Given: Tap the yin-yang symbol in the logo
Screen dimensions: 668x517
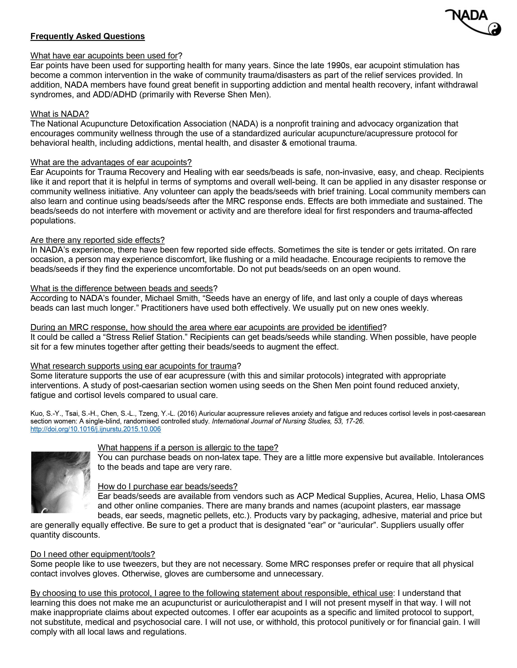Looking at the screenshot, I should point(494,29).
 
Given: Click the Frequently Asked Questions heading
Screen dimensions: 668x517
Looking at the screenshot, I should point(88,36).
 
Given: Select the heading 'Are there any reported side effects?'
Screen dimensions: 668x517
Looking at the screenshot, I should point(97,240).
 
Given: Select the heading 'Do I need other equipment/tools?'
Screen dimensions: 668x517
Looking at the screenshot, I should point(92,554).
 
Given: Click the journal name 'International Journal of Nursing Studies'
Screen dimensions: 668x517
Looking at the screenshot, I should point(268,421).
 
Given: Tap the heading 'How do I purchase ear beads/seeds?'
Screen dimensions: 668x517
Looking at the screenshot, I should point(167,486).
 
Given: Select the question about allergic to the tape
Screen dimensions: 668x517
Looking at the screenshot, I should point(188,448).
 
